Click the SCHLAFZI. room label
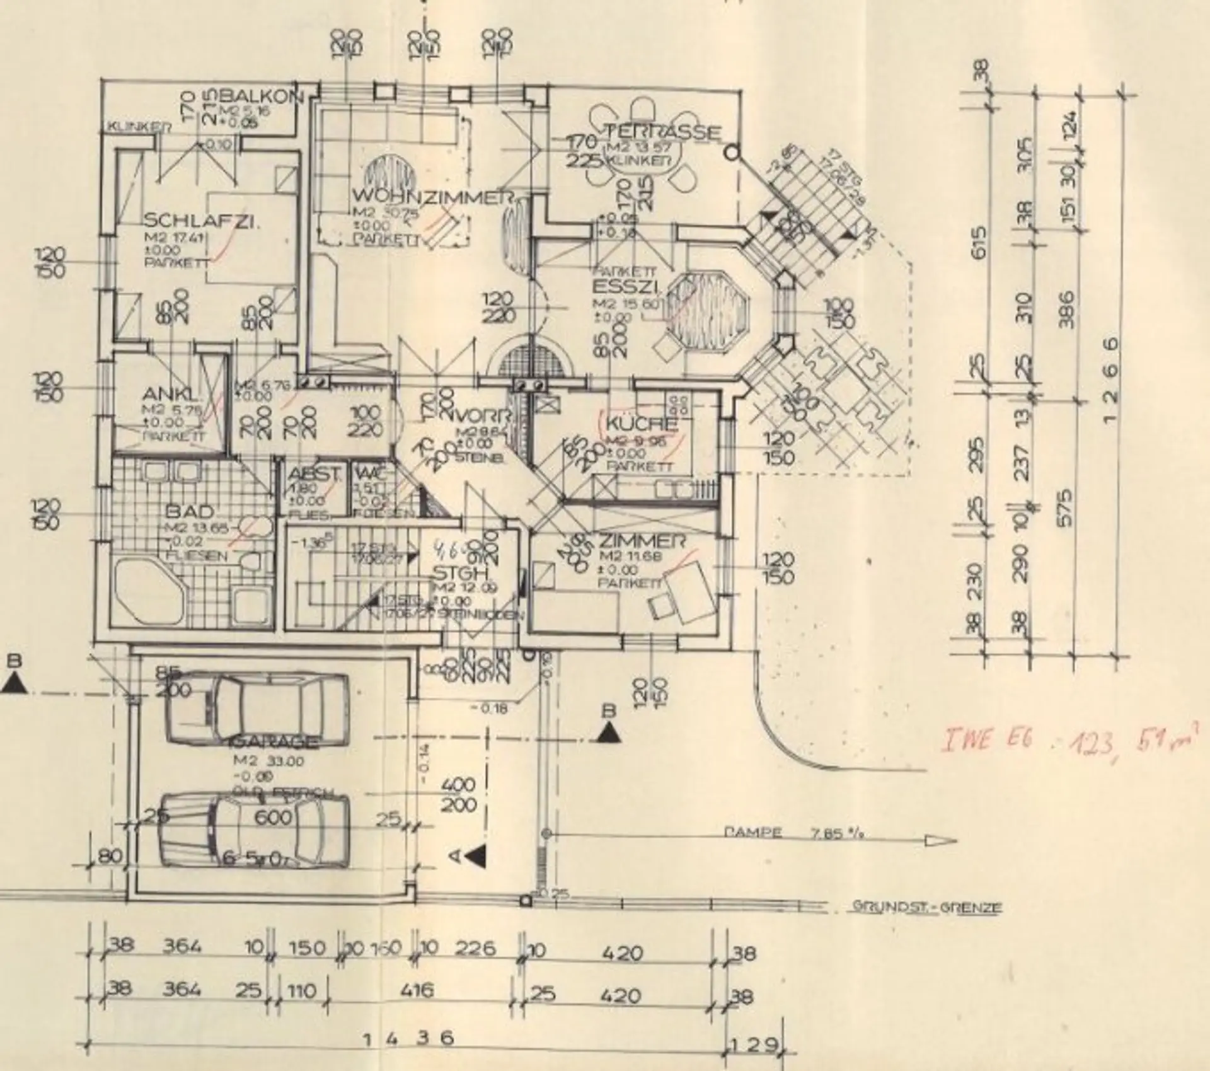coord(202,221)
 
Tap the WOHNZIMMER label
coord(431,197)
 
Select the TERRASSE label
coord(663,132)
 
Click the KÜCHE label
coord(642,424)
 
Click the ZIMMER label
coord(642,541)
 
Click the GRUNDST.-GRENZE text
coord(926,908)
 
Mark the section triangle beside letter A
coord(476,855)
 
